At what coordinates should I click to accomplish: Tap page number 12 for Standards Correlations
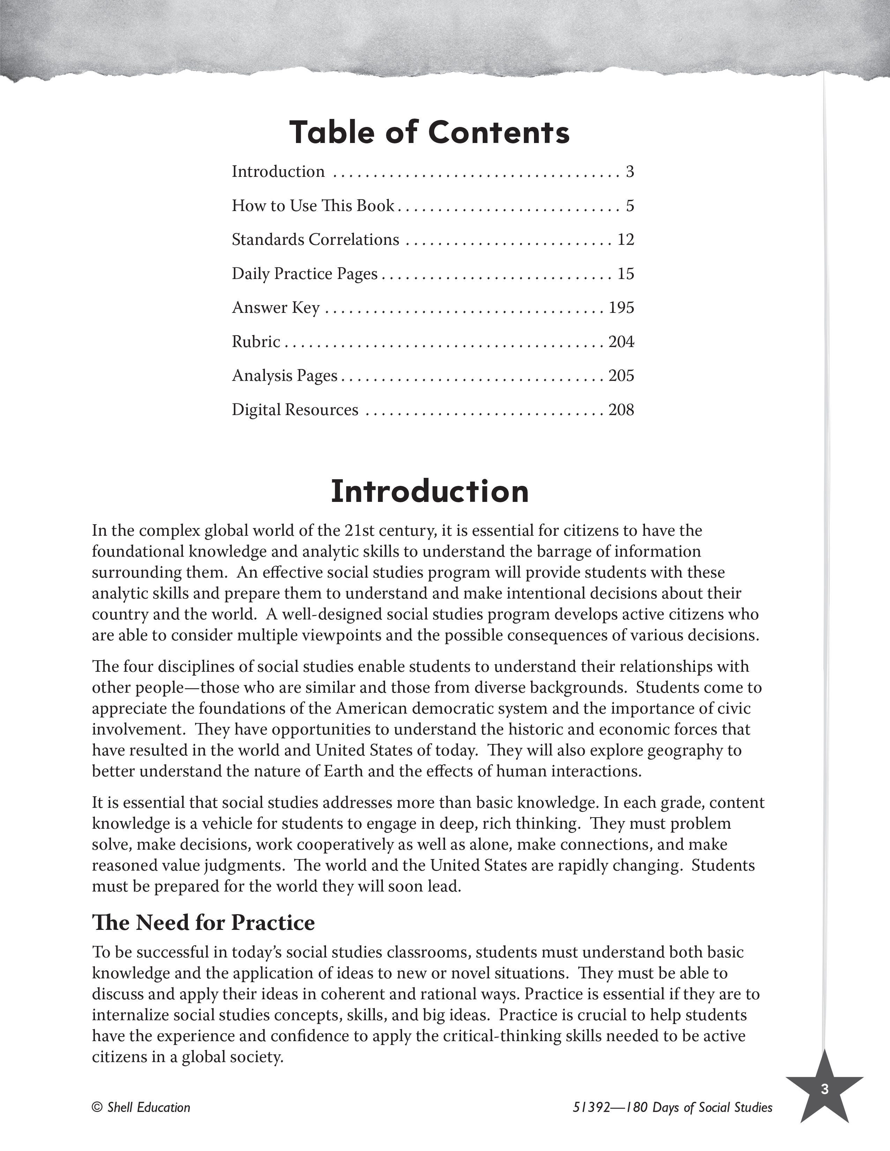click(x=625, y=240)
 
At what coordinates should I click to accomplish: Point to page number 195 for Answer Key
click(x=621, y=308)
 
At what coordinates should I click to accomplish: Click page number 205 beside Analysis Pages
click(x=621, y=376)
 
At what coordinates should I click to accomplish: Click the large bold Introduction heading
click(x=429, y=491)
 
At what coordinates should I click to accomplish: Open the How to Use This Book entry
click(x=313, y=205)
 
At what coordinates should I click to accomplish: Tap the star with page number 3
click(x=824, y=1090)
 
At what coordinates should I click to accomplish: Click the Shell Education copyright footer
click(x=141, y=1108)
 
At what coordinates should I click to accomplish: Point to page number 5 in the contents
click(x=630, y=205)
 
